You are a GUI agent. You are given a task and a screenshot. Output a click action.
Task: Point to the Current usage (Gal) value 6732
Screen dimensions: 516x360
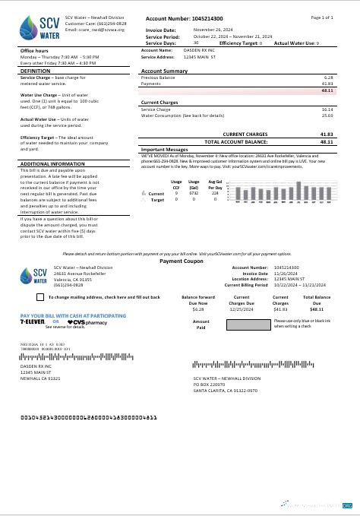point(194,194)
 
